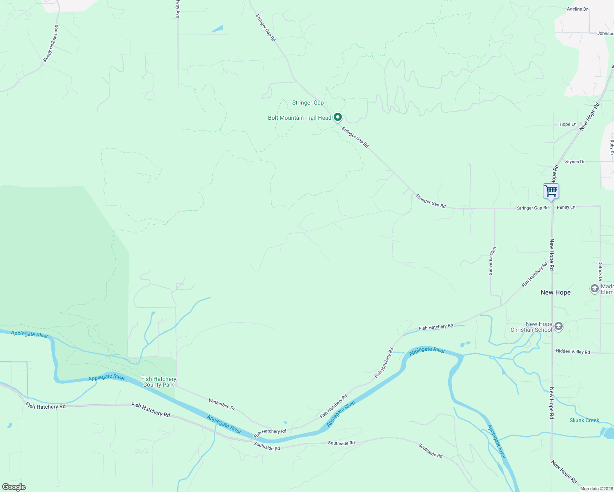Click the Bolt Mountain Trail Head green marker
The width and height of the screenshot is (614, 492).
click(x=337, y=117)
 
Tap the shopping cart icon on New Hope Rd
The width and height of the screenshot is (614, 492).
click(x=551, y=191)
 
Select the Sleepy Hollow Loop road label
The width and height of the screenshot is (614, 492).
click(x=51, y=44)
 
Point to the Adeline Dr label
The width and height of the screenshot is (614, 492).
click(x=577, y=9)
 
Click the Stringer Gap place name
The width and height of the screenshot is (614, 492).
click(x=308, y=103)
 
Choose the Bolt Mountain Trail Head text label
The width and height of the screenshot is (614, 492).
click(x=300, y=118)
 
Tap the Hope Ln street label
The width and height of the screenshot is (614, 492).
click(x=568, y=124)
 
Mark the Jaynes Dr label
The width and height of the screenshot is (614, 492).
click(x=575, y=162)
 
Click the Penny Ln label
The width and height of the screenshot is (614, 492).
click(x=566, y=207)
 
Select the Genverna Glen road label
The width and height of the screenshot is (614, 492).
click(x=492, y=261)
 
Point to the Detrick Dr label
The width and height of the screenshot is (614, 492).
click(x=600, y=271)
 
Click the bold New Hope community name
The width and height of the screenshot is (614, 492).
click(x=555, y=293)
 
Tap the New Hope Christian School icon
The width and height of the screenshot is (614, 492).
click(x=558, y=326)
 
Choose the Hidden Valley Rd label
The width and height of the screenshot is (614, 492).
click(x=573, y=352)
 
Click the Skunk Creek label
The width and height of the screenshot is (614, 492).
click(x=584, y=421)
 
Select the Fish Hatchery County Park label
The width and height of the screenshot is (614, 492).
click(x=159, y=382)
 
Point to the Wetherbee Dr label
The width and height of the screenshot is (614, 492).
click(x=222, y=404)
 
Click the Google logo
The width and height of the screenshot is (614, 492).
click(x=14, y=487)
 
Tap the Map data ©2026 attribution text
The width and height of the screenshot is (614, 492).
click(x=596, y=489)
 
